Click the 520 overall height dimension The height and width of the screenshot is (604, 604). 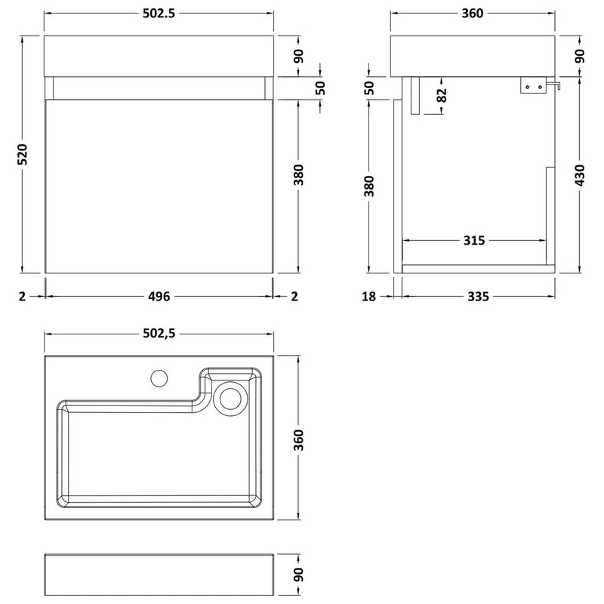click(23, 154)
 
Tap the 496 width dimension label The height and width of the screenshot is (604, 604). click(159, 296)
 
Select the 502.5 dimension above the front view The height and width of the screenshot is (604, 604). click(159, 13)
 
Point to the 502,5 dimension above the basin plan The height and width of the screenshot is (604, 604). click(159, 333)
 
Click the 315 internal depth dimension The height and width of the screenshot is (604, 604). click(474, 240)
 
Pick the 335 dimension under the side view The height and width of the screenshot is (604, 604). click(479, 296)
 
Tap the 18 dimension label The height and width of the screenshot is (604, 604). click(368, 296)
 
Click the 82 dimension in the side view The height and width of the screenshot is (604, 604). click(442, 95)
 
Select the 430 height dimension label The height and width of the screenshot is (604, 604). click(580, 175)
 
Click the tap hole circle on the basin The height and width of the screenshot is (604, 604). click(159, 378)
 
